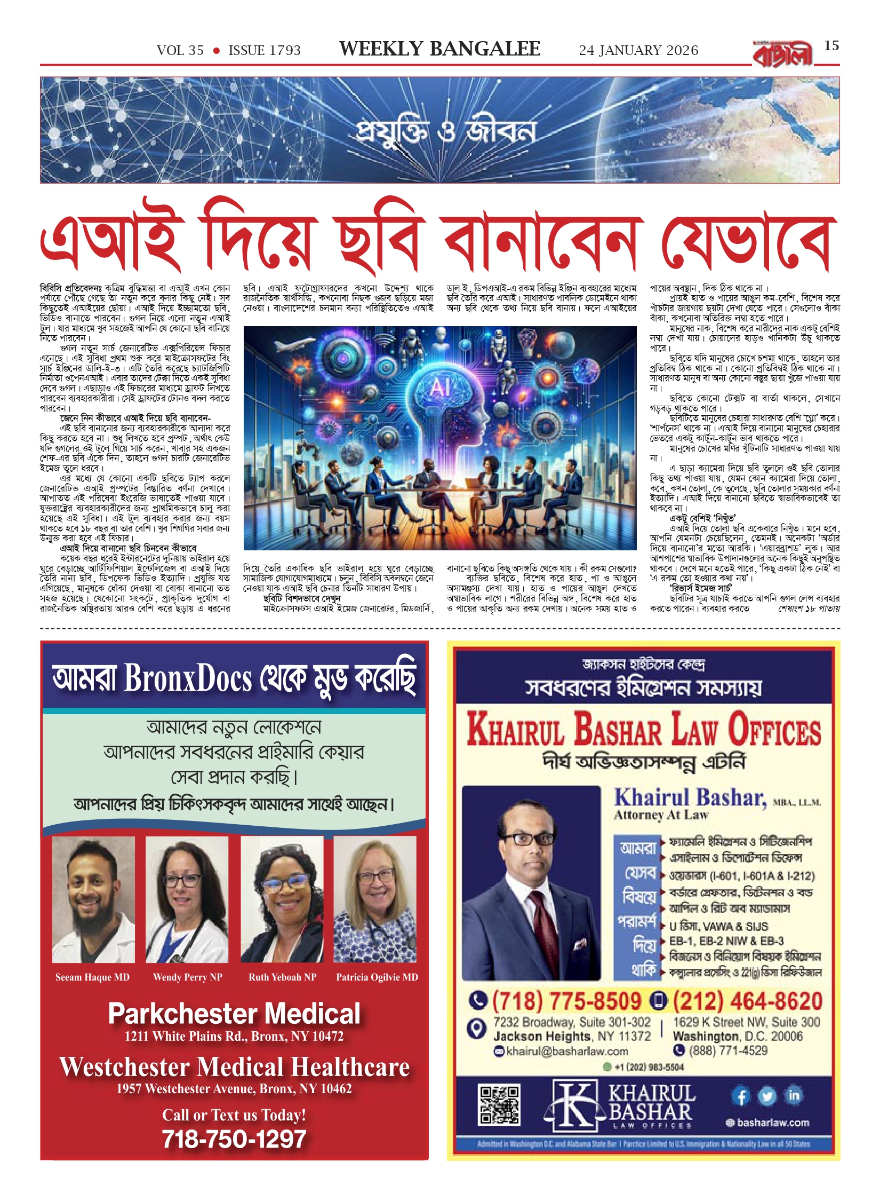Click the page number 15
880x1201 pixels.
831,46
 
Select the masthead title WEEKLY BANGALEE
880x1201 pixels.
439,49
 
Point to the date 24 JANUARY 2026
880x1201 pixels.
638,51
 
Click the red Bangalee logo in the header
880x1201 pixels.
782,54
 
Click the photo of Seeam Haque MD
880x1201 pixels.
93,899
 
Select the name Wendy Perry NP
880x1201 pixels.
187,977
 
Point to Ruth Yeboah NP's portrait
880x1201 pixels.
282,899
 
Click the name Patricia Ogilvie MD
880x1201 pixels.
377,977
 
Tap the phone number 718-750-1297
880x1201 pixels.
234,1139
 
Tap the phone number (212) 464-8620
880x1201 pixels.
747,1001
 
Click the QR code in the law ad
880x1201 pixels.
499,1105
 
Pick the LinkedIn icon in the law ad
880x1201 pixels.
794,1096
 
